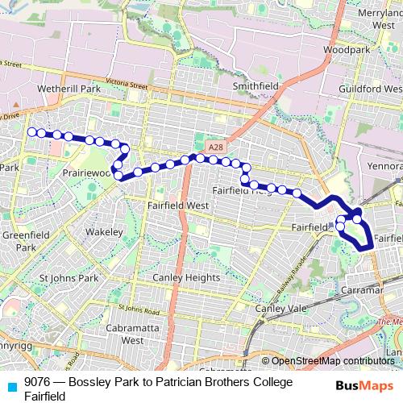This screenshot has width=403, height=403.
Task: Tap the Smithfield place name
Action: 256,85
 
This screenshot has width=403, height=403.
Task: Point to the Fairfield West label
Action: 178,206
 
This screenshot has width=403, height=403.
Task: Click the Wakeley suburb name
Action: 105,232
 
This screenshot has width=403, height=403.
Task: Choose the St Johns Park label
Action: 69,278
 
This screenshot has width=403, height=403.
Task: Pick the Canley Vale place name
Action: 281,309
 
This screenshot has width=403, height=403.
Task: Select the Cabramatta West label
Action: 120,334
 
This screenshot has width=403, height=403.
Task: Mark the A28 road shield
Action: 214,147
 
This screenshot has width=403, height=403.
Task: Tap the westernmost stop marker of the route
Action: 31,131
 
